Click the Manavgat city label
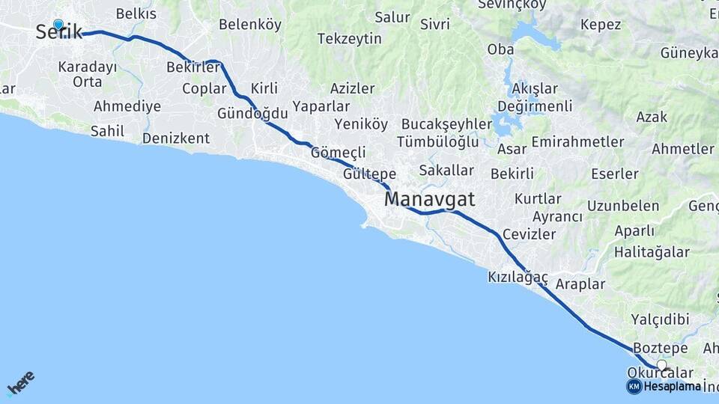click(x=429, y=200)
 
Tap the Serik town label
click(x=58, y=33)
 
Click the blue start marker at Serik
click(x=58, y=25)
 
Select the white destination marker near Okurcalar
click(x=661, y=365)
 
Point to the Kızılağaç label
click(x=518, y=278)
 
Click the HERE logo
click(x=20, y=382)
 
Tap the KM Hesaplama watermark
click(x=665, y=386)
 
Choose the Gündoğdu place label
click(x=252, y=113)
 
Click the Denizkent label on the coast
click(x=176, y=138)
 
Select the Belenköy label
click(x=250, y=25)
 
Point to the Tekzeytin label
click(x=349, y=39)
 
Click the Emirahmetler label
click(x=577, y=141)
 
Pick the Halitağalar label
click(x=652, y=252)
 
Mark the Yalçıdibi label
click(x=660, y=319)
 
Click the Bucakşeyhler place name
click(x=446, y=124)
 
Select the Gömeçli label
click(x=338, y=152)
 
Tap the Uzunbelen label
click(x=623, y=206)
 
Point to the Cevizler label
click(x=530, y=234)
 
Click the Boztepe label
click(x=660, y=349)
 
